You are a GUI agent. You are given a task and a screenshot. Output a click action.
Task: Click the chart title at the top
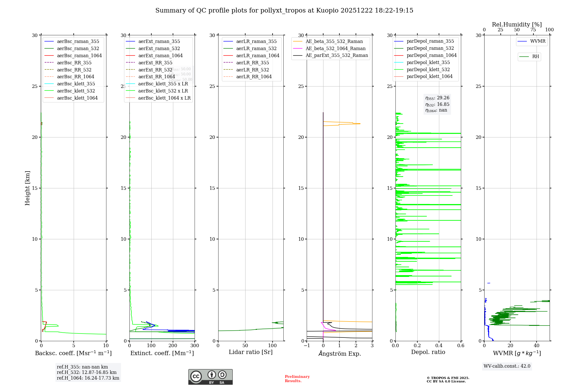[x=284, y=11]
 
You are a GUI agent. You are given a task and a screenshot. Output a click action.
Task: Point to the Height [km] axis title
[x=27, y=188]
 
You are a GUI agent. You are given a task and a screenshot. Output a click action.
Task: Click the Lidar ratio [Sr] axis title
[x=251, y=352]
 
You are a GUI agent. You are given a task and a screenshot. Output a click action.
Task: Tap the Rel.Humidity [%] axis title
[x=517, y=24]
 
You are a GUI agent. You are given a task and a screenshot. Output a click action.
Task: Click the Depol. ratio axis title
[x=428, y=352]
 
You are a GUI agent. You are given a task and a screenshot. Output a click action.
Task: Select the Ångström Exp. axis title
[x=339, y=353]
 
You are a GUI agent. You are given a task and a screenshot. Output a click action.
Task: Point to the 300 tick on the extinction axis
[x=195, y=346]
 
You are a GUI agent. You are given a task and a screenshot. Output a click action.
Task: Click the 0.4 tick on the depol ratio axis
[x=439, y=346]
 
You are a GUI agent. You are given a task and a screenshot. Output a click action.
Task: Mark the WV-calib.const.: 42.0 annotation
[x=507, y=366]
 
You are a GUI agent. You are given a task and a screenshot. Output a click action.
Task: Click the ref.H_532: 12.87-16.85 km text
[x=87, y=372]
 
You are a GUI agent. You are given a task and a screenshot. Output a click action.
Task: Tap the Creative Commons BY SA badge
[x=210, y=377]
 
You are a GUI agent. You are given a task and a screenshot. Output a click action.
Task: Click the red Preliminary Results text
[x=297, y=379]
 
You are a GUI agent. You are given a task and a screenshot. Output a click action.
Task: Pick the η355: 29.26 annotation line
[x=437, y=98]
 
